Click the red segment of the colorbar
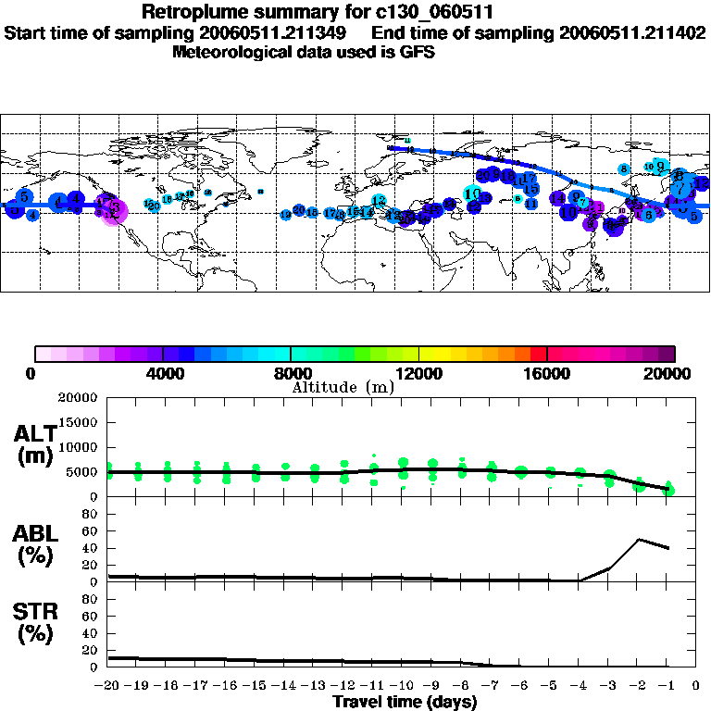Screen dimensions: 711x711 click(539, 353)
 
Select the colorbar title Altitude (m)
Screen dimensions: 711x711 click(342, 387)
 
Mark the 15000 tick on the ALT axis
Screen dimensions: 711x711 click(83, 422)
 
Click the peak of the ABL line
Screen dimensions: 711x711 click(639, 539)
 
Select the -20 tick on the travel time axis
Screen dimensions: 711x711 click(108, 685)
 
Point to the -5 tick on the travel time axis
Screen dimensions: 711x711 click(550, 685)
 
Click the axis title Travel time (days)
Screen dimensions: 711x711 click(405, 703)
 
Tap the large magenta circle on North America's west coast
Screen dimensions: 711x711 click(113, 212)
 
